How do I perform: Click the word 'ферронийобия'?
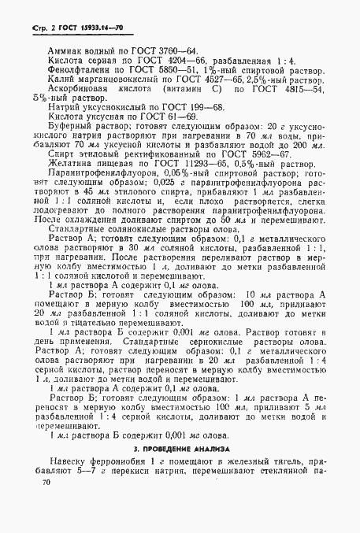click(121, 486)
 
